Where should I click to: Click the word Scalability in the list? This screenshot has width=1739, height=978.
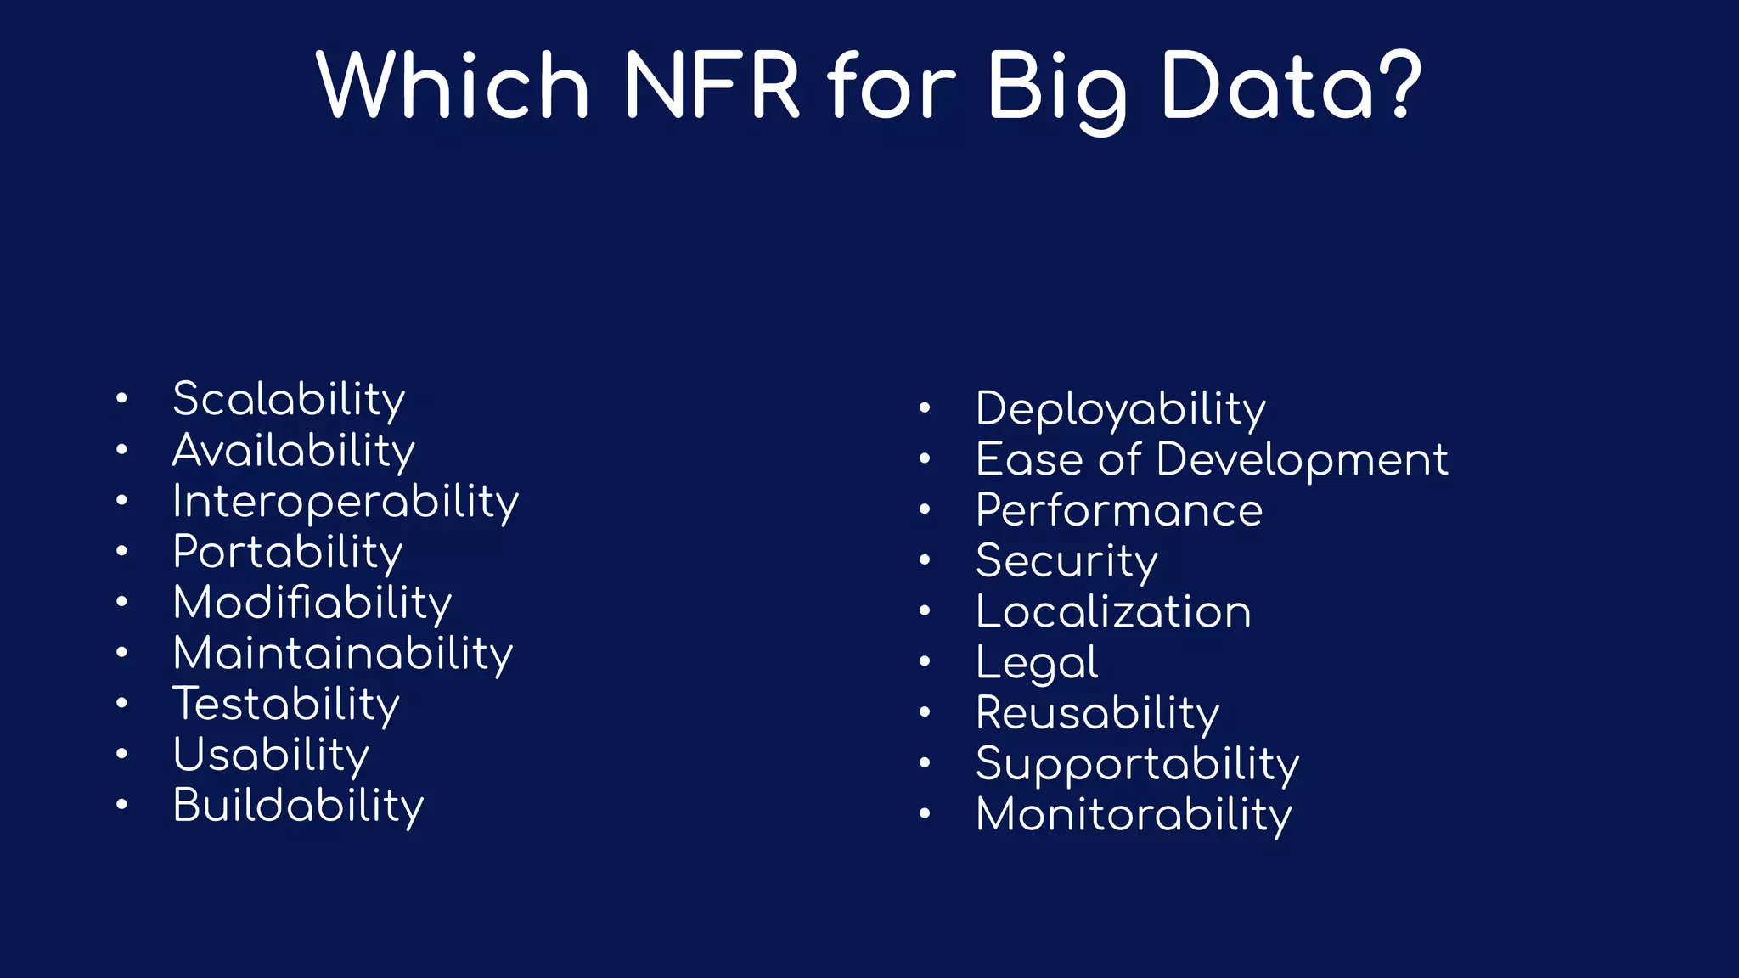tap(289, 399)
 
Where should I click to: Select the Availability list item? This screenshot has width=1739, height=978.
tap(293, 450)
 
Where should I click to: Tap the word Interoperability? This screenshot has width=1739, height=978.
tap(345, 501)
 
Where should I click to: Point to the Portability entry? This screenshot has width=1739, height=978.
tap(287, 552)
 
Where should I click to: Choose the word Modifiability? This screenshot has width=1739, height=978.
tap(312, 603)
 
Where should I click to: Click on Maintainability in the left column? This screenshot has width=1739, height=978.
tap(342, 654)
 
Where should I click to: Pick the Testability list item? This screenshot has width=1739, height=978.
tap(285, 705)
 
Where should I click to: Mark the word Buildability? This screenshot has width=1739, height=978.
tap(297, 806)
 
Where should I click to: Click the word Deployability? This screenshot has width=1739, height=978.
tap(1120, 409)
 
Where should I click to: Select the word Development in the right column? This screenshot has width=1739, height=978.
tap(1302, 460)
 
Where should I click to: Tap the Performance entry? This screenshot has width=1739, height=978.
tap(1118, 510)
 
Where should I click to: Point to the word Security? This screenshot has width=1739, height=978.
tap(1066, 561)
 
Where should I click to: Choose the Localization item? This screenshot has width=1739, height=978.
tap(1112, 612)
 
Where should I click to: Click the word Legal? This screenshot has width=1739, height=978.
tap(1036, 663)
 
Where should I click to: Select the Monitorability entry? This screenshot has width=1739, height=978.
tap(1134, 815)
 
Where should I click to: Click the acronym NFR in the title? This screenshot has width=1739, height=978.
tap(712, 85)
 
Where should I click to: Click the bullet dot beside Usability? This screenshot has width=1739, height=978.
tap(122, 753)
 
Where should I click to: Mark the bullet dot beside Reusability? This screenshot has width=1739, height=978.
tap(925, 712)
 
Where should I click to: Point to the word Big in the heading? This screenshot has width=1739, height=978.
tap(1057, 87)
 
